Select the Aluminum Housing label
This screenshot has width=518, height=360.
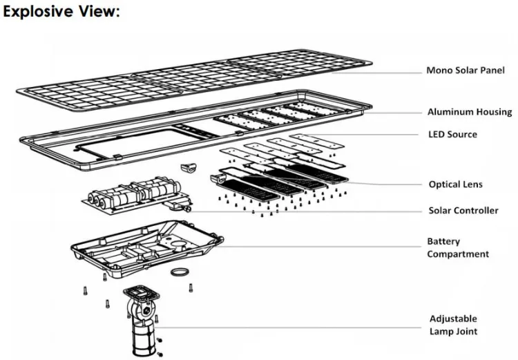pyautogui.click(x=470, y=112)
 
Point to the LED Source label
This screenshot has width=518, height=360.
pyautogui.click(x=452, y=134)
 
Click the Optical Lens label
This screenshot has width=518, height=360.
pyautogui.click(x=455, y=184)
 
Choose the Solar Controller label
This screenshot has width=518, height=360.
pyautogui.click(x=463, y=210)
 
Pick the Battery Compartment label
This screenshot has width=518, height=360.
pyautogui.click(x=458, y=248)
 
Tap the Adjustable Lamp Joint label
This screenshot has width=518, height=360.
pyautogui.click(x=453, y=325)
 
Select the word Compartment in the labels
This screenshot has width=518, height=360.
pyautogui.click(x=458, y=254)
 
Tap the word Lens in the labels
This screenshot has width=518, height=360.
pyautogui.click(x=472, y=184)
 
